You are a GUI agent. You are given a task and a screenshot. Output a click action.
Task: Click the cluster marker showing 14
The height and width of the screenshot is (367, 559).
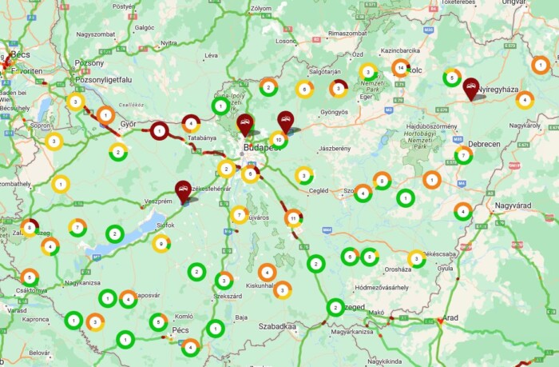(x=401, y=68)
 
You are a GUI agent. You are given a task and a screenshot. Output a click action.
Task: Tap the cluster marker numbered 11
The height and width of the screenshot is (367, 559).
(x=294, y=217)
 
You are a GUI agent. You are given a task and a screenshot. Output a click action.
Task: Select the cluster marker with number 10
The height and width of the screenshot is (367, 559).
(x=278, y=139)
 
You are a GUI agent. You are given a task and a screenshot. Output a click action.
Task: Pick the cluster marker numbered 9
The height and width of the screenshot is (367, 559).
(x=161, y=244)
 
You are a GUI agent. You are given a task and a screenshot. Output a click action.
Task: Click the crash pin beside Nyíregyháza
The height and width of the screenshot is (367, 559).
(x=471, y=87)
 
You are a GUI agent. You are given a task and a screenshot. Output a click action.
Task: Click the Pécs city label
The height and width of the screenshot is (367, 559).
(x=180, y=329)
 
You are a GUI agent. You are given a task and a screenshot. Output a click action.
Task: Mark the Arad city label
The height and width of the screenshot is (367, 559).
(x=451, y=317)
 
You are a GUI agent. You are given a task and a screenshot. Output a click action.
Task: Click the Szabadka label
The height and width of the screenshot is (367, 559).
(x=277, y=326)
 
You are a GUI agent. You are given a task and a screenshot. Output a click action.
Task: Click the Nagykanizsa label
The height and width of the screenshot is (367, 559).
(x=82, y=282)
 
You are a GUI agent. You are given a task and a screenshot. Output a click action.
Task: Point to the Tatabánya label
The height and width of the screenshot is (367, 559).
(x=202, y=138)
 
